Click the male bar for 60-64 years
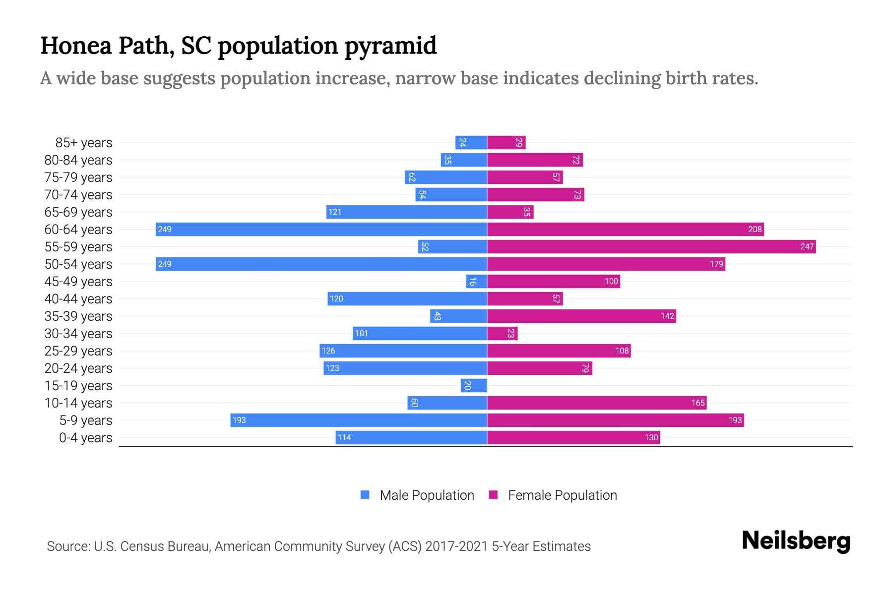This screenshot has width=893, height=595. coord(321,229)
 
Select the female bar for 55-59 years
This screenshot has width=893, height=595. coord(651,246)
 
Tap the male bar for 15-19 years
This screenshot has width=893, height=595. coord(474,385)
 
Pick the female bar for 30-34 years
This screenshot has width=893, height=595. coord(502,333)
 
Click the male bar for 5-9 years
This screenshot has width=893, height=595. coord(358,420)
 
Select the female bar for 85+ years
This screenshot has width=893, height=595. coord(506,142)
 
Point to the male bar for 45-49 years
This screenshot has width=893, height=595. coord(476,281)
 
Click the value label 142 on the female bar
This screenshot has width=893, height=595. coord(667,316)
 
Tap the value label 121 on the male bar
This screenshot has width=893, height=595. coord(335,212)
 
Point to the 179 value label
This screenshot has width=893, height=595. coord(716,264)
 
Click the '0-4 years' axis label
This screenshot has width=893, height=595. coord(85,438)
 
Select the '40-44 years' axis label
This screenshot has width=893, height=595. coord(78,299)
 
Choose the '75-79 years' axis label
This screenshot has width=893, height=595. coord(78,178)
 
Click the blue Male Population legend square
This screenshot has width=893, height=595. coord(365,495)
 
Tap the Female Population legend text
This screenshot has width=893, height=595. coord(562,495)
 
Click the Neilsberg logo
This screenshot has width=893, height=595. coord(796,541)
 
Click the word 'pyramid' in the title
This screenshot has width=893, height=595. coord(390,46)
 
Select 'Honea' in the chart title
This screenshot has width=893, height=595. coord(75,46)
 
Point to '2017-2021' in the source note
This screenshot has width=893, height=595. coord(456,546)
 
